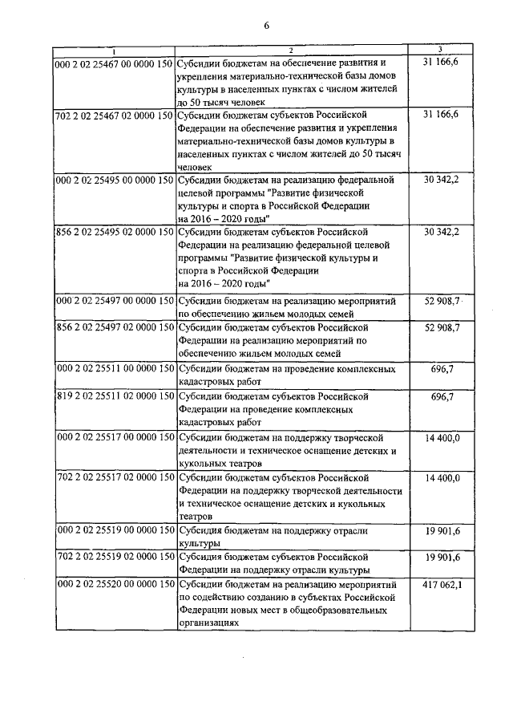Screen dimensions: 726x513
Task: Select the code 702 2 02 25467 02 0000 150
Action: coord(114,115)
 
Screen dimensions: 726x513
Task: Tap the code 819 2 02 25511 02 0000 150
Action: coord(114,396)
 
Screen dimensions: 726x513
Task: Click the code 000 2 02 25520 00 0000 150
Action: coord(114,587)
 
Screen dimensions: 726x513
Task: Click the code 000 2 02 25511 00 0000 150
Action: coord(114,368)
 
